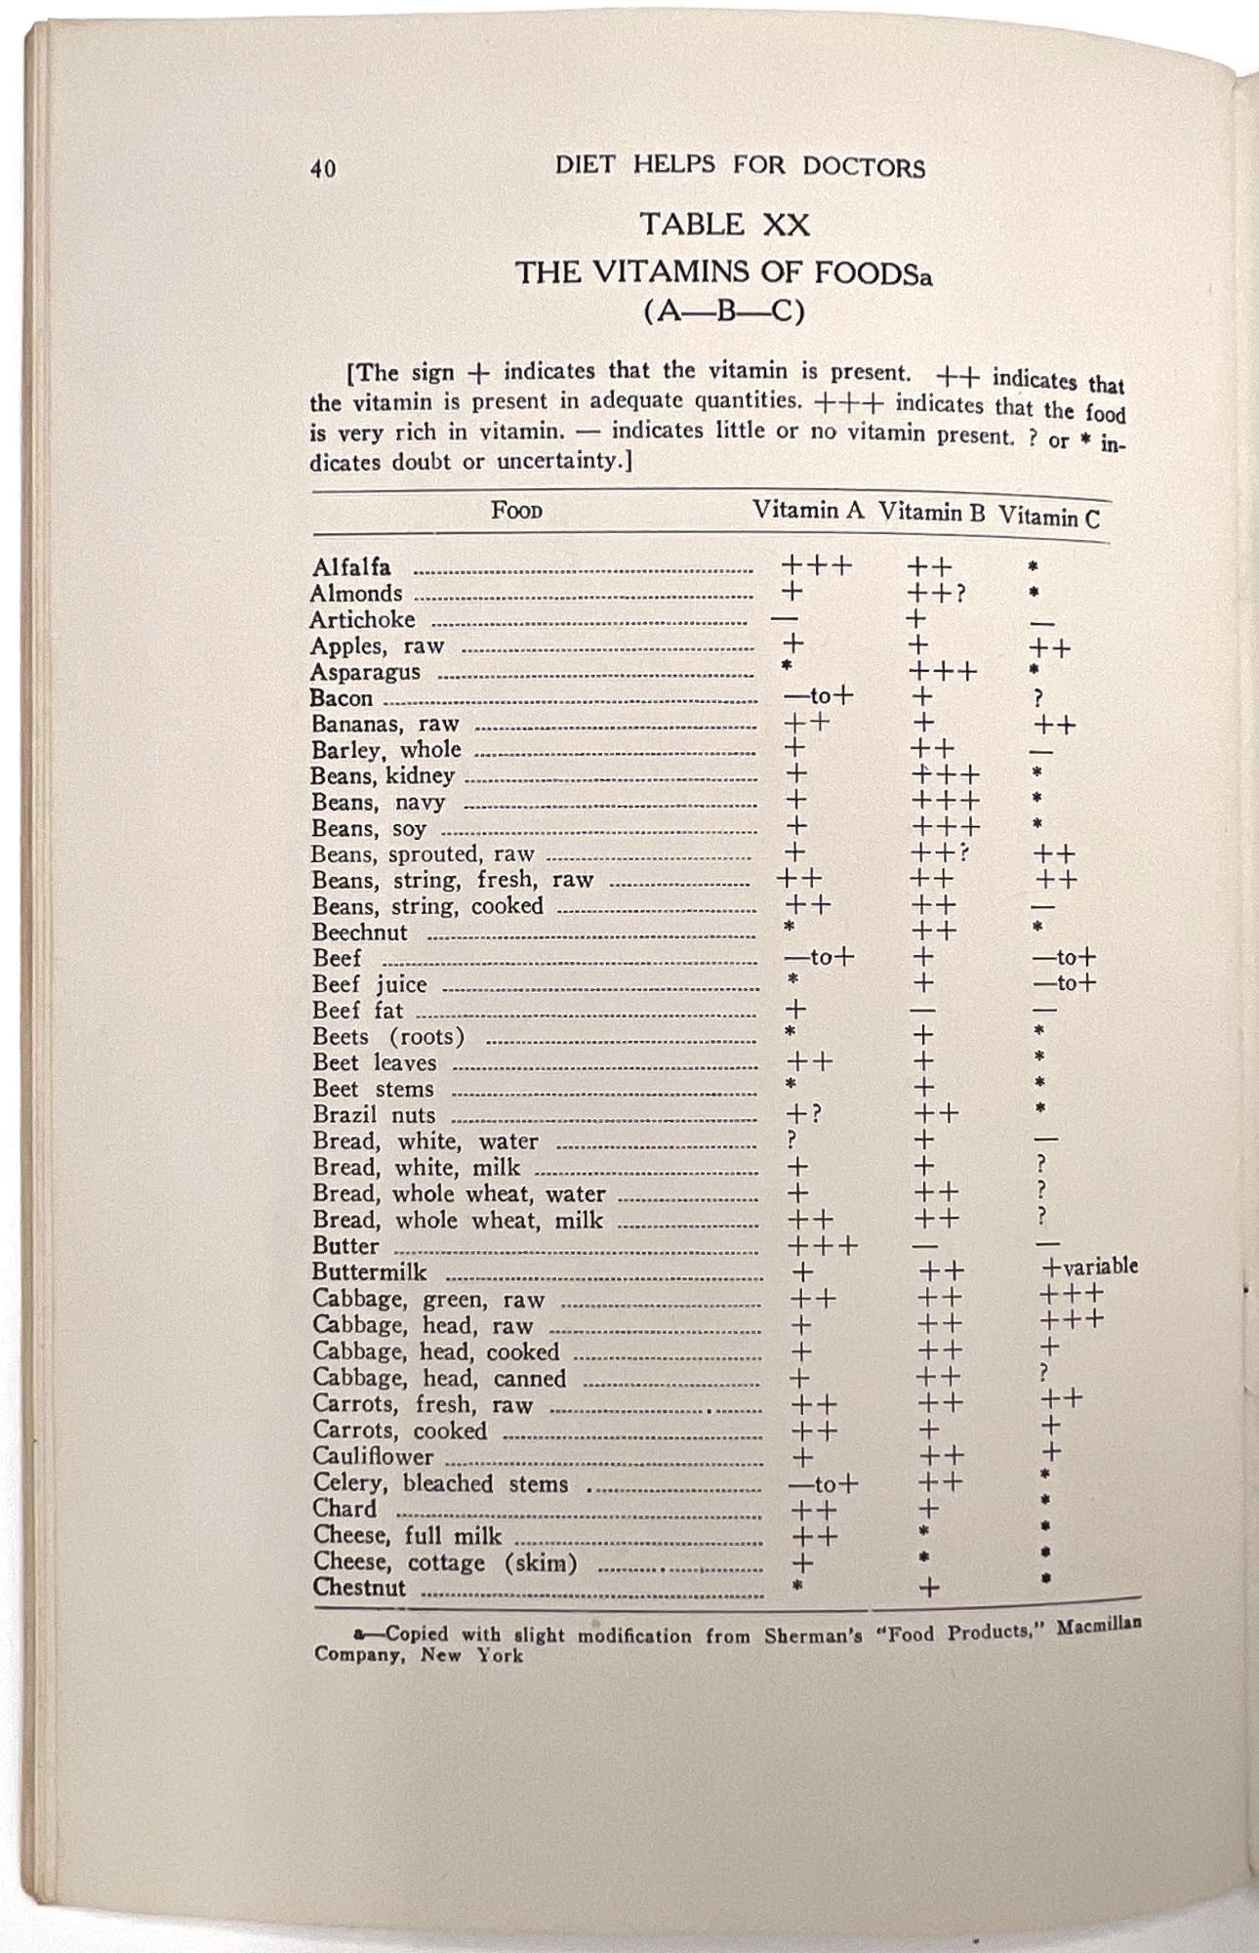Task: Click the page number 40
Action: (x=323, y=168)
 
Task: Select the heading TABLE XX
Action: (x=724, y=225)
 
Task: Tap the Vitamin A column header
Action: (x=807, y=510)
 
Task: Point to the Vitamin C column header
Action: (x=1048, y=518)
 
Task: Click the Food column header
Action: (x=516, y=510)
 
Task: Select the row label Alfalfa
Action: (x=351, y=567)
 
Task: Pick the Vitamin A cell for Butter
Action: (x=822, y=1247)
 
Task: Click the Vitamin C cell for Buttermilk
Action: (x=1089, y=1267)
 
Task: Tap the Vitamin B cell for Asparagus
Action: (x=942, y=672)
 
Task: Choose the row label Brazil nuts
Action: (x=374, y=1115)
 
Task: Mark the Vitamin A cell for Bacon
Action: (x=818, y=696)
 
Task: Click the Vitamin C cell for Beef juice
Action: (x=1064, y=983)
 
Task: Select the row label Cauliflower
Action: (x=373, y=1457)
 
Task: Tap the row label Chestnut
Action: (x=358, y=1588)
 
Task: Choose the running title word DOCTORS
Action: (x=864, y=167)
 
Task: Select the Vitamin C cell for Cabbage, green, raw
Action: (x=1072, y=1295)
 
